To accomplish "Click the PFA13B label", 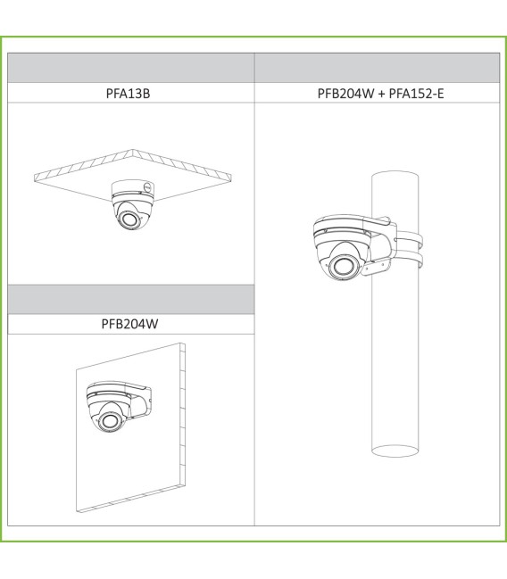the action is pyautogui.click(x=128, y=94).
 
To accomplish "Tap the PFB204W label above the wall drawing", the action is pyautogui.click(x=129, y=324).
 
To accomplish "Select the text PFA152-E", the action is pyautogui.click(x=416, y=94).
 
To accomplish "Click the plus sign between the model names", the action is pyautogui.click(x=381, y=94).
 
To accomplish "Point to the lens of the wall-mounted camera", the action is pyautogui.click(x=109, y=421).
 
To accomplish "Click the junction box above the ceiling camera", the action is pyautogui.click(x=133, y=187).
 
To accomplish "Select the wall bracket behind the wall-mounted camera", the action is pyautogui.click(x=139, y=400).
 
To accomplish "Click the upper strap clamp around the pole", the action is pyautogui.click(x=410, y=238).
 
